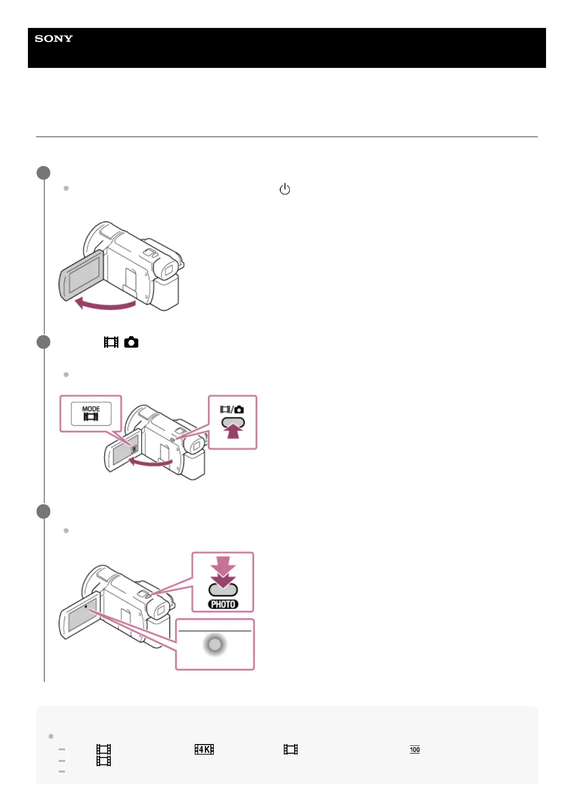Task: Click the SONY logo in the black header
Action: pos(54,39)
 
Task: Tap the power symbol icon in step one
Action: pos(285,189)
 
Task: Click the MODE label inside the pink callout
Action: pos(91,409)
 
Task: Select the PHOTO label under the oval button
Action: pos(223,604)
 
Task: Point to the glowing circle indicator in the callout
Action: pos(215,644)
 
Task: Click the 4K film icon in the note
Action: pos(204,749)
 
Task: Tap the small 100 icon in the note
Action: pos(415,749)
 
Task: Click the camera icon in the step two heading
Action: pos(131,342)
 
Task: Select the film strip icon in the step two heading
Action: pos(111,342)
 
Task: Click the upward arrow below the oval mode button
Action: pos(233,432)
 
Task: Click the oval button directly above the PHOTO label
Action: pos(223,589)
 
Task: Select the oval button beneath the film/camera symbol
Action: pos(233,422)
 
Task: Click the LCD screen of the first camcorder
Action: pos(83,275)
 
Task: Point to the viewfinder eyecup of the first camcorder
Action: pos(169,270)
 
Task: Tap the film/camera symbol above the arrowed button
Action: pos(232,409)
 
